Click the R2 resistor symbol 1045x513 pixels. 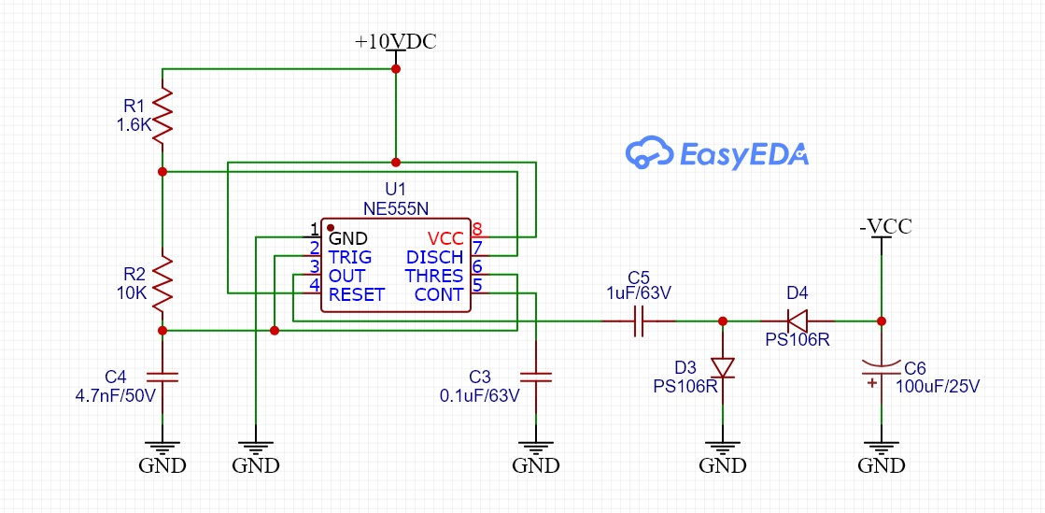162,283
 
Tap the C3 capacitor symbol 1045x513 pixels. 536,377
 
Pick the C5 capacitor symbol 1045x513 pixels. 639,321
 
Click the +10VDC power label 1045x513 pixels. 395,43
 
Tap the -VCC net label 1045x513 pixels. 884,226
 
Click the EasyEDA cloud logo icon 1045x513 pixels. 648,153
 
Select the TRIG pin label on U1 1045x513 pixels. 350,257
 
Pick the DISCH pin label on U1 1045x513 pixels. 435,257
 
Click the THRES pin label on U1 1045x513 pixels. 434,276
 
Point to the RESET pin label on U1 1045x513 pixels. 357,294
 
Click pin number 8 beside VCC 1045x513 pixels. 477,229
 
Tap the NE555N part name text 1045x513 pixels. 396,207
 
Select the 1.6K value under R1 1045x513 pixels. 134,124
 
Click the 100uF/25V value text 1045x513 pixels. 938,384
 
